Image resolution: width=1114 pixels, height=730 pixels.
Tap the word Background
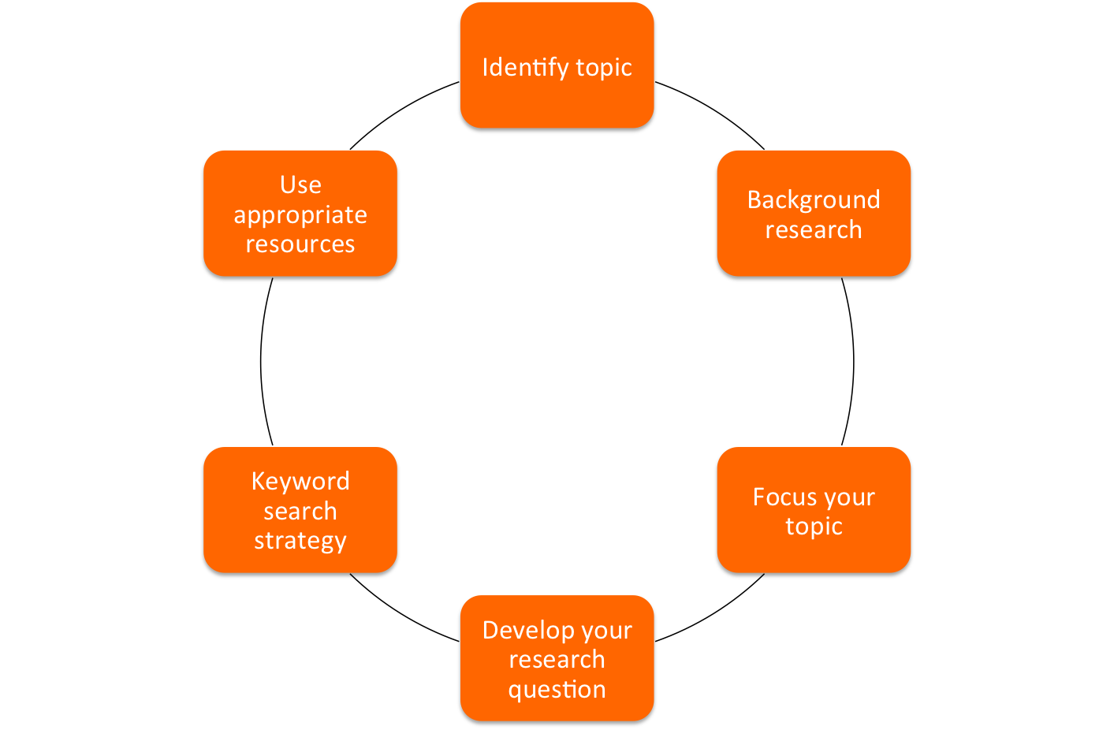pos(814,200)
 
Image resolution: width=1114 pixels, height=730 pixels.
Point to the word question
pos(557,690)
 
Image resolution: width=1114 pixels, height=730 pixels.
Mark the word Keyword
pos(300,482)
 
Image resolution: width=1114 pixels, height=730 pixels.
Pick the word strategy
pos(300,542)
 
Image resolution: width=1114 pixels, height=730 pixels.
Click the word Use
pos(300,185)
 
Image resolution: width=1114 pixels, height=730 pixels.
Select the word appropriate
pos(300,215)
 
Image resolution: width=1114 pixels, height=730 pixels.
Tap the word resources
pos(300,244)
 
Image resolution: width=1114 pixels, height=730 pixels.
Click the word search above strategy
pos(300,512)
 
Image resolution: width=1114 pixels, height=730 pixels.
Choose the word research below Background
pos(814,230)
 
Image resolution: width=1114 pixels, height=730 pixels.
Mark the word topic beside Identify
pos(604,68)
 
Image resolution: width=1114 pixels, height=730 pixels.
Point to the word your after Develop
pos(607,631)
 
